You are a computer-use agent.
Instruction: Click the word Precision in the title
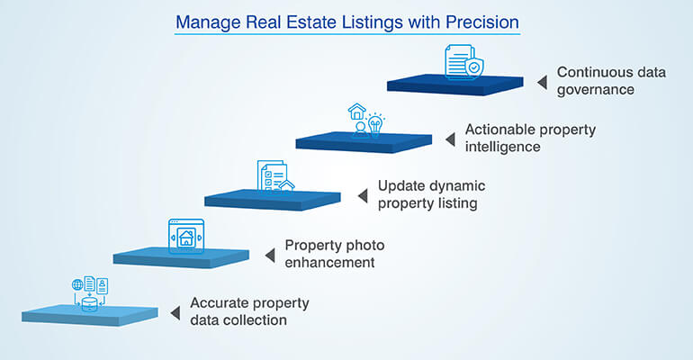click(477, 20)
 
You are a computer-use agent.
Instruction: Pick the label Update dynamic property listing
click(431, 194)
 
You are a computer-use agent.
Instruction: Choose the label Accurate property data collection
click(249, 310)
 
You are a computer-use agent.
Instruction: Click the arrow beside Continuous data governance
click(542, 82)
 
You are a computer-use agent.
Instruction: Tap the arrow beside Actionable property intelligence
click(451, 139)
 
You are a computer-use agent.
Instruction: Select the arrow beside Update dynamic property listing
click(363, 195)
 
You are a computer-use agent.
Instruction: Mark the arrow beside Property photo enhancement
click(269, 255)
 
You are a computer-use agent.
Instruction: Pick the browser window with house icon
click(185, 235)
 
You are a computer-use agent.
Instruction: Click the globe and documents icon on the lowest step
click(90, 293)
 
